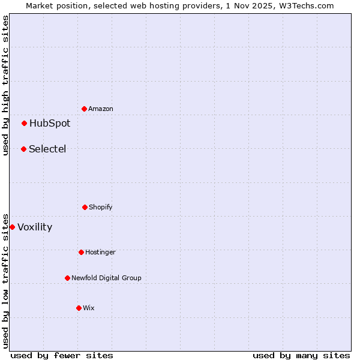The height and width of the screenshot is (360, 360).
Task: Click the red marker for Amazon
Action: click(85, 109)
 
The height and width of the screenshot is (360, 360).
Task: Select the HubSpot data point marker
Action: click(25, 123)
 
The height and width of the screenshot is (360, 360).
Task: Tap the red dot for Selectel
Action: click(24, 149)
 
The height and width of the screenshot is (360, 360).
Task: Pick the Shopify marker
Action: click(85, 207)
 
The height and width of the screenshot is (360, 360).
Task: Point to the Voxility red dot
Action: click(13, 227)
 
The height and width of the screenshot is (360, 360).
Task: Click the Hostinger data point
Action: click(82, 252)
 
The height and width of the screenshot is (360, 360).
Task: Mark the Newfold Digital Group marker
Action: click(68, 278)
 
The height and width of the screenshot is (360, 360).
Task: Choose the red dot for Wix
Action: click(79, 308)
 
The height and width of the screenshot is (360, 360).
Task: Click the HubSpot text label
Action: click(50, 124)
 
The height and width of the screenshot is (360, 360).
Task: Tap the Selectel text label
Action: click(47, 149)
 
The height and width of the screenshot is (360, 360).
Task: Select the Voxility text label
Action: click(35, 227)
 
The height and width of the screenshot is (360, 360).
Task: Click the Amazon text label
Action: click(101, 109)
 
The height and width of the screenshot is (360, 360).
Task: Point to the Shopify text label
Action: click(101, 208)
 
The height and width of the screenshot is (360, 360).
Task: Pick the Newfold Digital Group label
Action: click(107, 278)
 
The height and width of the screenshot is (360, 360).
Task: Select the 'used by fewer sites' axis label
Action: click(62, 355)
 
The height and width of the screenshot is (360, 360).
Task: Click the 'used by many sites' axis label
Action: click(301, 355)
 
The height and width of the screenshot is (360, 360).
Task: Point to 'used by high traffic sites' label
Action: click(5, 85)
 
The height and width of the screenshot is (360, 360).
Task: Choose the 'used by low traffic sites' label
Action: click(5, 280)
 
